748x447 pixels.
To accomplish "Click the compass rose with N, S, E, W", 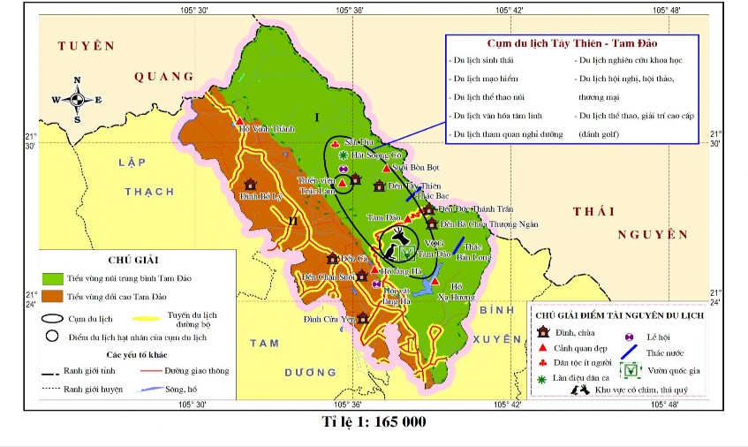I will click(x=77, y=99).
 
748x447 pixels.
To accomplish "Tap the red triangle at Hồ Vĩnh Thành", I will click(x=239, y=121).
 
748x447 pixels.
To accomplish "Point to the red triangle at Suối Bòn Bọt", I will click(x=386, y=168).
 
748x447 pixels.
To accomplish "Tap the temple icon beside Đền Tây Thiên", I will click(x=379, y=186).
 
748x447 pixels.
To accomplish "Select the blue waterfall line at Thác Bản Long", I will click(x=457, y=245).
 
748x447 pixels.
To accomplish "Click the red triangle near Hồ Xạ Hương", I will click(x=435, y=281).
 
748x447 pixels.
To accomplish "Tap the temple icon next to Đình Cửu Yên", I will click(x=362, y=317).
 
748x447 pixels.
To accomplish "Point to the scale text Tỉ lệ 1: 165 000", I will click(x=374, y=421).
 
